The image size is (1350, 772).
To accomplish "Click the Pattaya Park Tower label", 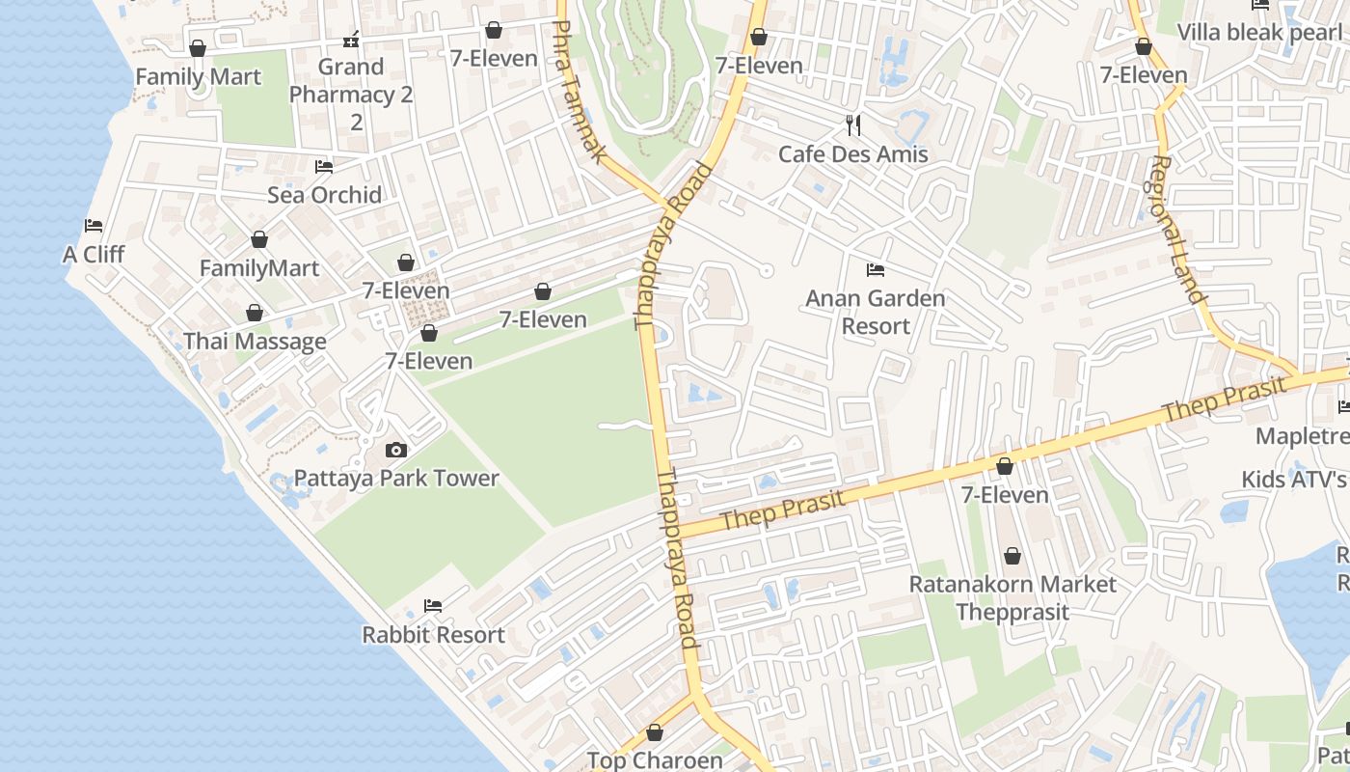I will tap(396, 478).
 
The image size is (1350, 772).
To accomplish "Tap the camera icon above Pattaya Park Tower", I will tap(395, 450).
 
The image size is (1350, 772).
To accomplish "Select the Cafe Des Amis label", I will tap(852, 153).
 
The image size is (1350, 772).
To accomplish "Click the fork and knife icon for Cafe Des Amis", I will tap(852, 124).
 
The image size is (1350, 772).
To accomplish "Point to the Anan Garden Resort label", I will tap(876, 312).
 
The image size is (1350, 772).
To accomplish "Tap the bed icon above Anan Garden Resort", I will tap(876, 270).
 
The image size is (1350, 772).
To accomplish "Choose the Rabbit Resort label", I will tap(433, 634).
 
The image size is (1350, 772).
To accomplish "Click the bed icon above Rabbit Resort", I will tap(433, 606).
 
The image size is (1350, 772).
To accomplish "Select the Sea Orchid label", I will tap(324, 194).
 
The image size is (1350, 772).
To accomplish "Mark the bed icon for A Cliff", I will tap(94, 226).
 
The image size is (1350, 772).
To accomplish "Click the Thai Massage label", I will tap(255, 341).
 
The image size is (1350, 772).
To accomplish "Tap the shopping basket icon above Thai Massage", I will tap(255, 313).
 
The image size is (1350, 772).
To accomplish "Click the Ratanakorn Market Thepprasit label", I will tap(1012, 597).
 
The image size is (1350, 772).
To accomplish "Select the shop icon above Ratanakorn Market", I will tap(1012, 556).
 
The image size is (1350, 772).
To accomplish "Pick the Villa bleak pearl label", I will tap(1259, 32).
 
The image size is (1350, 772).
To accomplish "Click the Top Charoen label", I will tap(655, 759).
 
